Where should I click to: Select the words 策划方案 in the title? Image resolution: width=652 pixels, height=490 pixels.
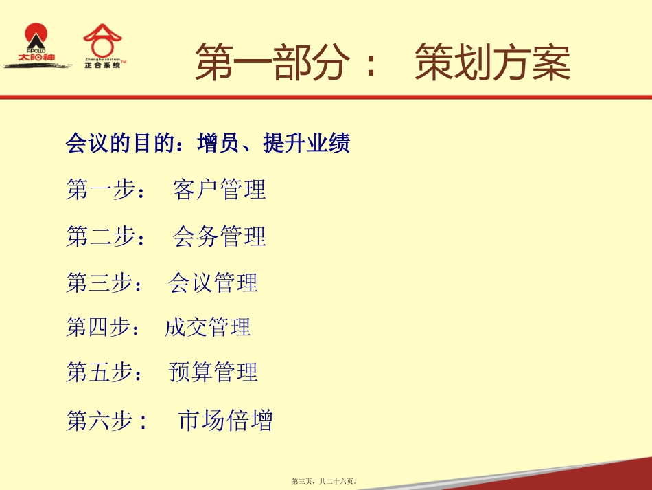492,63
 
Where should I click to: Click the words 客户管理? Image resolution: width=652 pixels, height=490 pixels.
219,189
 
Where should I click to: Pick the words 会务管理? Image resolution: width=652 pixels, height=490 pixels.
219,236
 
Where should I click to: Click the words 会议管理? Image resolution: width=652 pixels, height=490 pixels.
213,282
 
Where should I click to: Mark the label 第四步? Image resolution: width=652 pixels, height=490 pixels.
103,327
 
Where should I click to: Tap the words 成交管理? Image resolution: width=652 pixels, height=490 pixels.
208,327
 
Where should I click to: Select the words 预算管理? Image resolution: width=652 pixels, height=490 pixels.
213,372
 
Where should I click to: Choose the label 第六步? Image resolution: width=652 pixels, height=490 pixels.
106,419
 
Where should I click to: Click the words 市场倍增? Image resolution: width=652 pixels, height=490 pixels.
225,419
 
